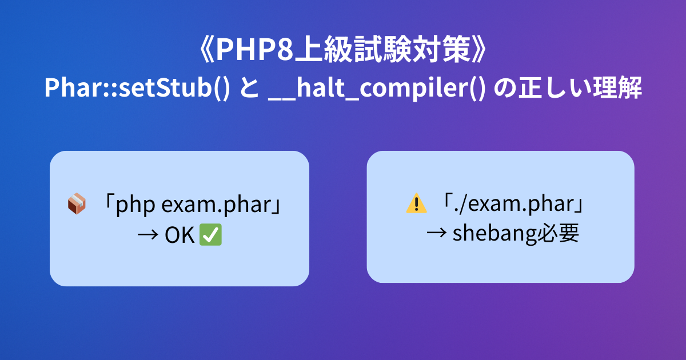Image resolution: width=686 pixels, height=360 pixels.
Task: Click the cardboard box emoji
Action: tap(77, 203)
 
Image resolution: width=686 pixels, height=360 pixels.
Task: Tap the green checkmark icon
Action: tap(211, 235)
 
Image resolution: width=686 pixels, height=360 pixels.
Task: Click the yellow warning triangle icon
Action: tap(417, 203)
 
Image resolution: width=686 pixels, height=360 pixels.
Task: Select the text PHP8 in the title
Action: tap(255, 50)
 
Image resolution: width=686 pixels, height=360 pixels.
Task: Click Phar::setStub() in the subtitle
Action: tap(137, 87)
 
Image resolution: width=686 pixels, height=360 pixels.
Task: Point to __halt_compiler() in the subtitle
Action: tap(377, 88)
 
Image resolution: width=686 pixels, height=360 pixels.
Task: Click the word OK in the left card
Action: tap(180, 235)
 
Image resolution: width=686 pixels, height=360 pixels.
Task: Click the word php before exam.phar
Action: tap(135, 205)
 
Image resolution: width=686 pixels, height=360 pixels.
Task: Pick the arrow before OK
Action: tap(148, 235)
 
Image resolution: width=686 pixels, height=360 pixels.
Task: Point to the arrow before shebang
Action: tap(436, 233)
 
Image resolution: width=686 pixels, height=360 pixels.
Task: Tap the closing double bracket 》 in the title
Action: tap(478, 50)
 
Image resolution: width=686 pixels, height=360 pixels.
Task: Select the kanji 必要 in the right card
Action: tap(558, 233)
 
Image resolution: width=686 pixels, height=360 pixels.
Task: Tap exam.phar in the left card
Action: tap(217, 205)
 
